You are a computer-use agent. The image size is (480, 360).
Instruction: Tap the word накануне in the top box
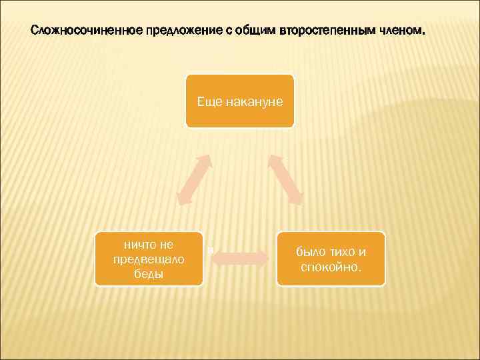click(254, 101)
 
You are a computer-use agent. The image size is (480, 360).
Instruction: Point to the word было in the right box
click(311, 253)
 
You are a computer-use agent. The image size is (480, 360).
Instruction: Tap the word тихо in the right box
click(343, 253)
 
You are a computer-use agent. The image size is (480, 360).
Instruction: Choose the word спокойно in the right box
click(331, 267)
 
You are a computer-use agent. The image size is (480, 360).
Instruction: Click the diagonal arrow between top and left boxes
click(194, 179)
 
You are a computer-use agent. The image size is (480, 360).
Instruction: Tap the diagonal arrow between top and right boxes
click(286, 179)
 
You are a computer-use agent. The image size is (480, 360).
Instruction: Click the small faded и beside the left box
click(210, 251)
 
